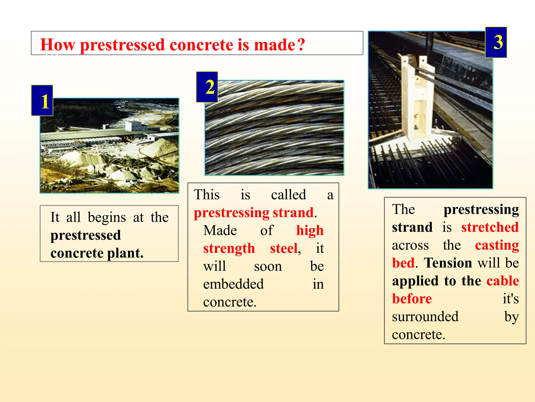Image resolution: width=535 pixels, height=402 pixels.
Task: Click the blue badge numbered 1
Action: (x=42, y=100)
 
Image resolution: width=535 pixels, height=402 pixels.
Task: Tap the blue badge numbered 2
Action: (x=207, y=87)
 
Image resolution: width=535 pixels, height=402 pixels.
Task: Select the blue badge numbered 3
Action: (x=496, y=42)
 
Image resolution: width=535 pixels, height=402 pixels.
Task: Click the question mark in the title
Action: (x=301, y=44)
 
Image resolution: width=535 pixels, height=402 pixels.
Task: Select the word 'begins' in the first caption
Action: (x=107, y=217)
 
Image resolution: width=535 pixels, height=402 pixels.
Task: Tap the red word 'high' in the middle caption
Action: (x=310, y=231)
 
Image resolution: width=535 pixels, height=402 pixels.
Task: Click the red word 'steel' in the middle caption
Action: (x=284, y=248)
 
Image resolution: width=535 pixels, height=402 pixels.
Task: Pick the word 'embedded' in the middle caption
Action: (x=233, y=284)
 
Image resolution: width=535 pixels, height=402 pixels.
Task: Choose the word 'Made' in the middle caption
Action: (x=220, y=231)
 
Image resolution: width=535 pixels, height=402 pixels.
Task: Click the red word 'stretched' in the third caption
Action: (x=490, y=227)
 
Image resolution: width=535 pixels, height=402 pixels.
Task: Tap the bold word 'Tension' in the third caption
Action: (x=447, y=263)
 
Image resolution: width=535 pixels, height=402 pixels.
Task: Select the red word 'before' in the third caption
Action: (x=412, y=299)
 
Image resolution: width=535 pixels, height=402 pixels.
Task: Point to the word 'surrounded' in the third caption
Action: (x=425, y=317)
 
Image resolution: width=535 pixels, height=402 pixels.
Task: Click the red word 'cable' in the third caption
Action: (x=502, y=281)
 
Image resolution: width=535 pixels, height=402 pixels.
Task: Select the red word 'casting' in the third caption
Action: (x=497, y=245)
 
